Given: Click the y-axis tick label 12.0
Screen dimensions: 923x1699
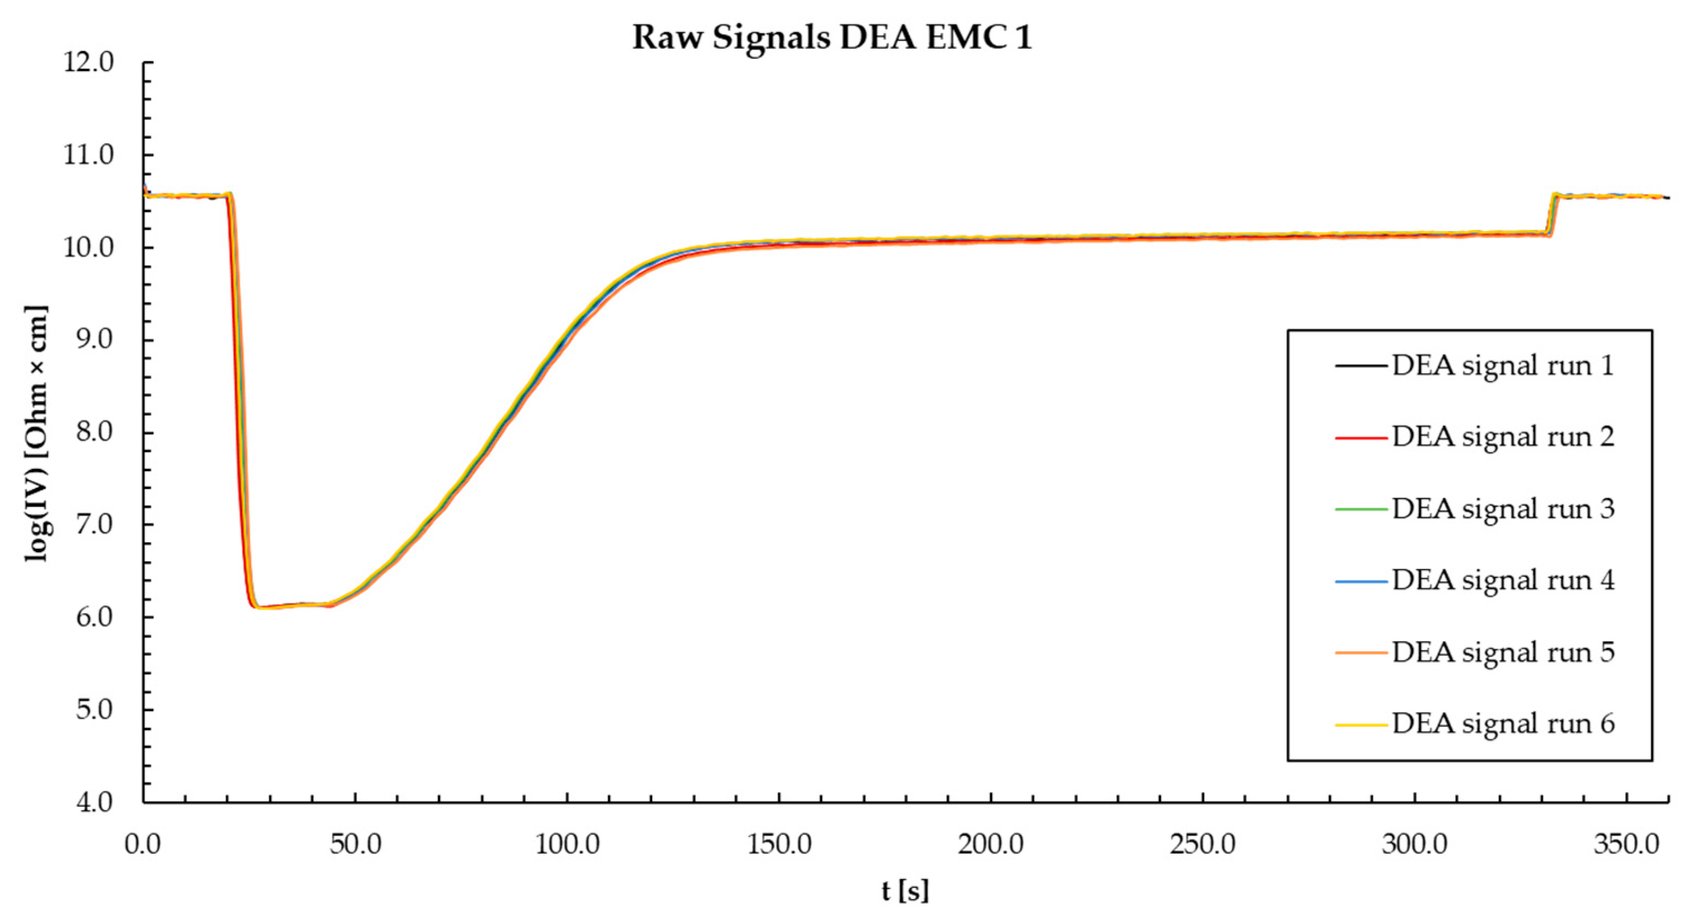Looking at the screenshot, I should tap(88, 63).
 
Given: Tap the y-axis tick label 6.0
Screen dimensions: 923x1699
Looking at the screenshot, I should tap(94, 618).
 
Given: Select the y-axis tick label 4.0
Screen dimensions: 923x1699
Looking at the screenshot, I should tap(94, 803).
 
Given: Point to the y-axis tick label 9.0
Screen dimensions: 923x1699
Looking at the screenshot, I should tap(94, 340).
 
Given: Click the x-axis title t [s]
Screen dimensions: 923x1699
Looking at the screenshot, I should tap(905, 891).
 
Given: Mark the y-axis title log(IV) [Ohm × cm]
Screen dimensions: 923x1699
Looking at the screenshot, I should tap(37, 432).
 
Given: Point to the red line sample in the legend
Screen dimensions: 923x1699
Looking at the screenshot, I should tap(1361, 438).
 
